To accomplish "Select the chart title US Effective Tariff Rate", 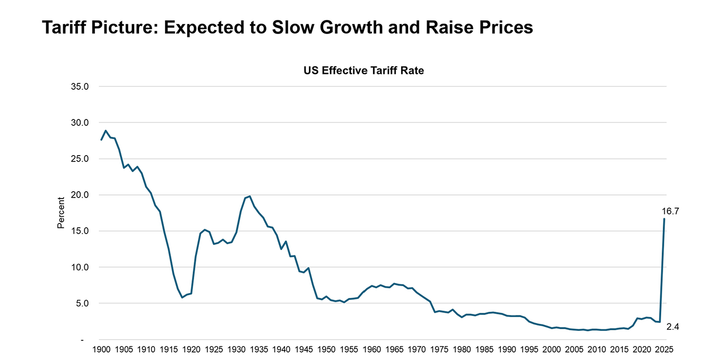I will pos(363,70).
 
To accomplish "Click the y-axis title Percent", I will pos(60,212).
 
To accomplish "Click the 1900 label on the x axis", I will pos(101,350).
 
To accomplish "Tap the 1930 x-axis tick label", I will pos(237,350).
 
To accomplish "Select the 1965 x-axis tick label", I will pos(394,350).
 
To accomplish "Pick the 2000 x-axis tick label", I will pos(552,350).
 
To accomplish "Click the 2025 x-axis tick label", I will pos(664,350).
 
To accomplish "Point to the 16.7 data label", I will pos(670,211).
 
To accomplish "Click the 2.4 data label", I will pos(673,327).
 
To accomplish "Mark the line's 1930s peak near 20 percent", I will pos(250,196).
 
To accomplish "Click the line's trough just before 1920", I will pos(183,297).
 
